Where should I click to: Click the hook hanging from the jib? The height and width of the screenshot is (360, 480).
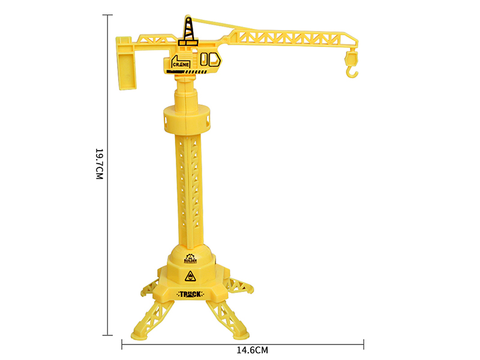[x=352, y=64]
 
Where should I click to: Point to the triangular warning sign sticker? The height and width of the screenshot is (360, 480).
[x=190, y=277]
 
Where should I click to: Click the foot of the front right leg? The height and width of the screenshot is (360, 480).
[x=243, y=333]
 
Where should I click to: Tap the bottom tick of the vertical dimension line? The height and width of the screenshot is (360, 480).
[x=108, y=335]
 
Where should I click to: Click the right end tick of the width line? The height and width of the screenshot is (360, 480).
[x=364, y=344]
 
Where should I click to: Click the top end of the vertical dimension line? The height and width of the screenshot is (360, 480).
[x=108, y=16]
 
